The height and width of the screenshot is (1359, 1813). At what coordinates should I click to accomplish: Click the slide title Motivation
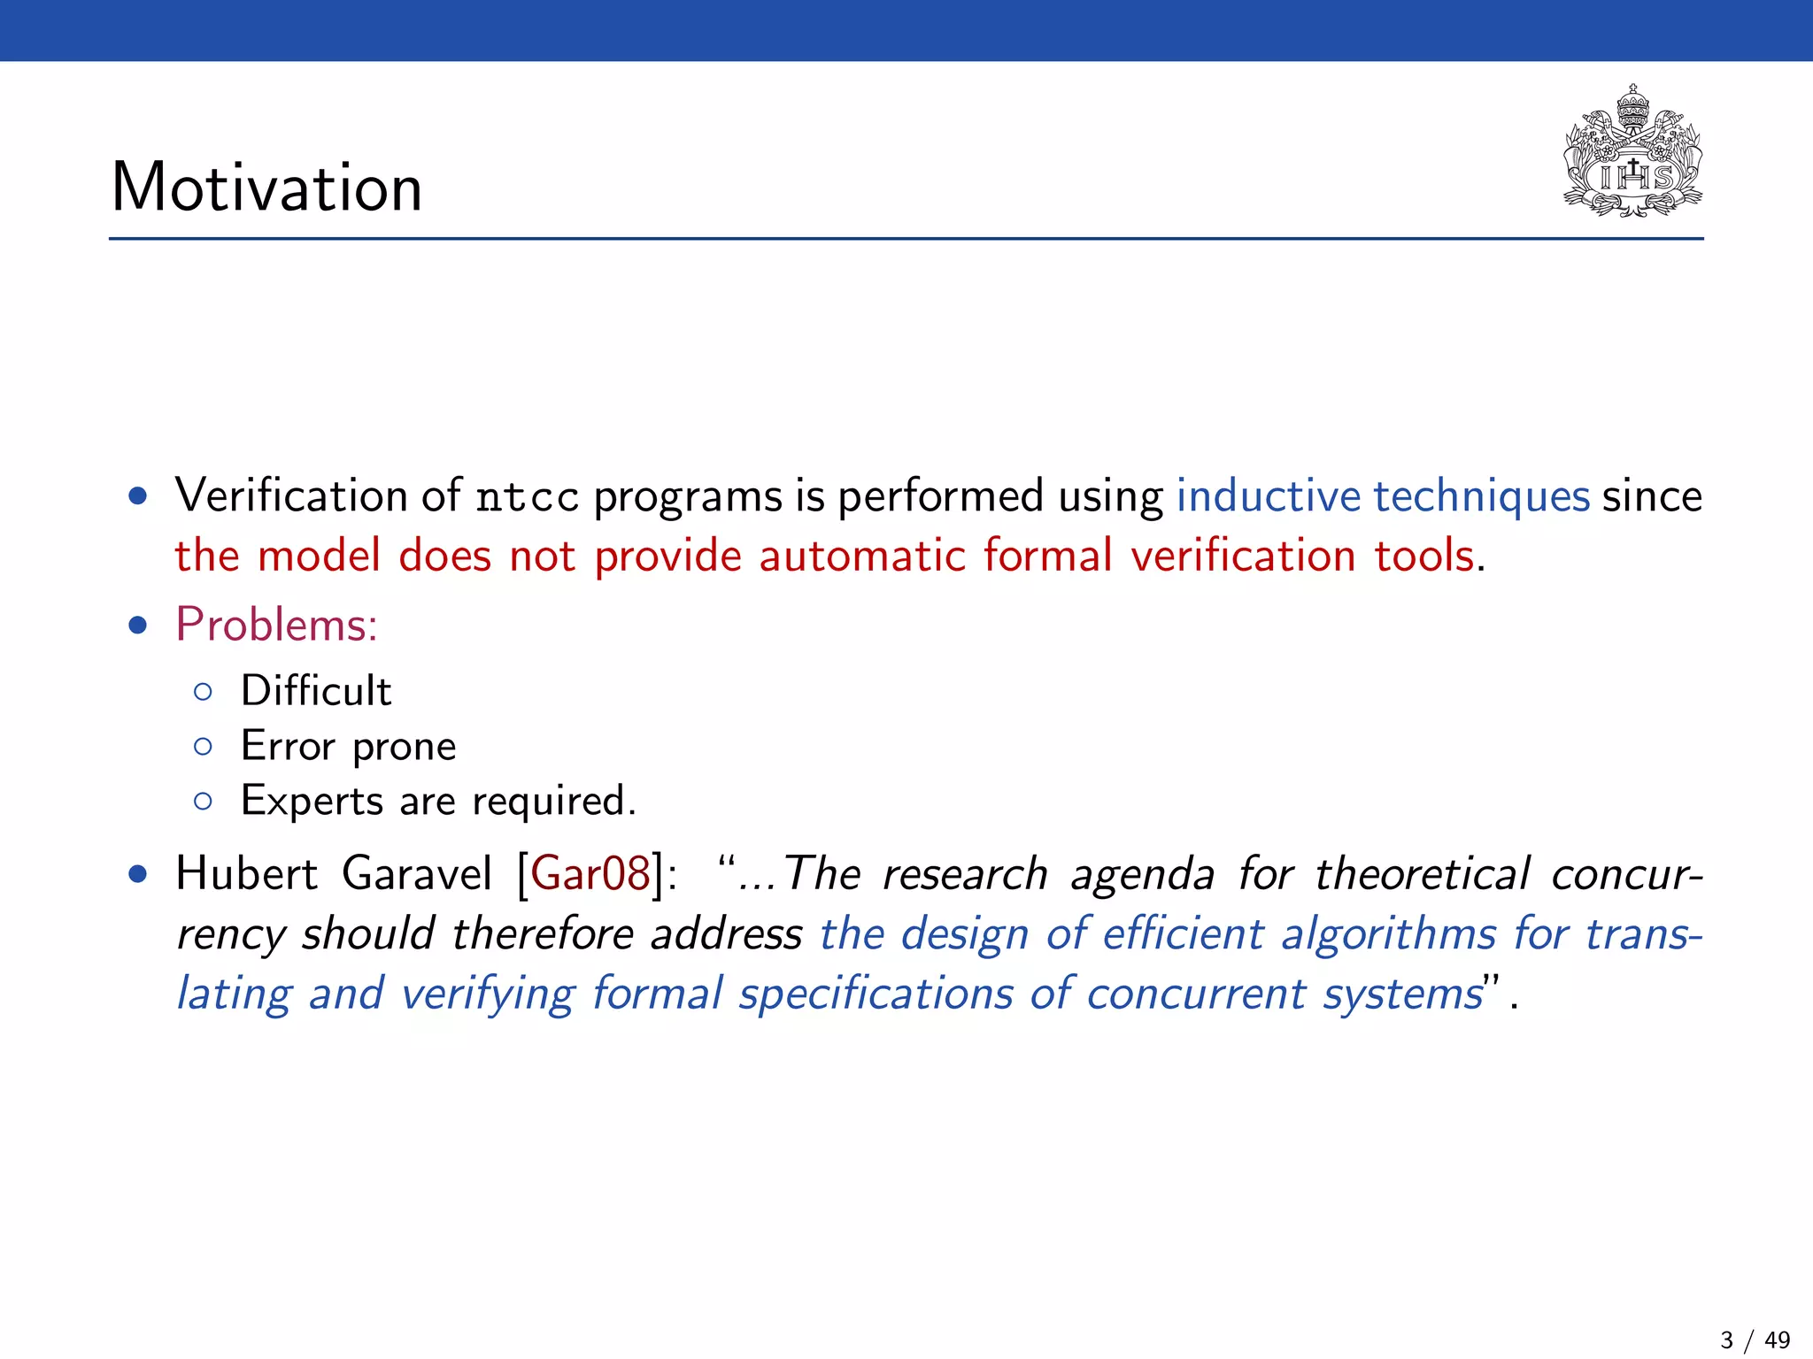coord(266,188)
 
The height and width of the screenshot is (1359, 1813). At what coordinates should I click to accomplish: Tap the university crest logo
coord(1632,152)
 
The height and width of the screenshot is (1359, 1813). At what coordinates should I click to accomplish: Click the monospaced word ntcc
coord(527,497)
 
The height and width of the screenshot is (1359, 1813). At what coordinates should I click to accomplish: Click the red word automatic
coord(861,557)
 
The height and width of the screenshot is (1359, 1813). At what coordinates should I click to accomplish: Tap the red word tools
coord(1424,557)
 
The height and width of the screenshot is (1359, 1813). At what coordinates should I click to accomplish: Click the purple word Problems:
coord(276,625)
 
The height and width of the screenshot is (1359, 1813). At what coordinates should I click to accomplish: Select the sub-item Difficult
coord(316,691)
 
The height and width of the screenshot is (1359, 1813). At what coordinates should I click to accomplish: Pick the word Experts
coord(312,802)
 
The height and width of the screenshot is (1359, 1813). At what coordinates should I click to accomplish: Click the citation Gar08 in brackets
coord(590,873)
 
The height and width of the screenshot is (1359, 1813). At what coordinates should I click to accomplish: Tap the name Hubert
coord(246,873)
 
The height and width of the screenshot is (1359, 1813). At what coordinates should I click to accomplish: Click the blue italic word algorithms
coord(1388,934)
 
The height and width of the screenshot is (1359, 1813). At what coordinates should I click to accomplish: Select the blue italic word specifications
coord(876,994)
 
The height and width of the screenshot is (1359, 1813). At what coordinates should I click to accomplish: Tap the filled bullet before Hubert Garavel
coord(137,875)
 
